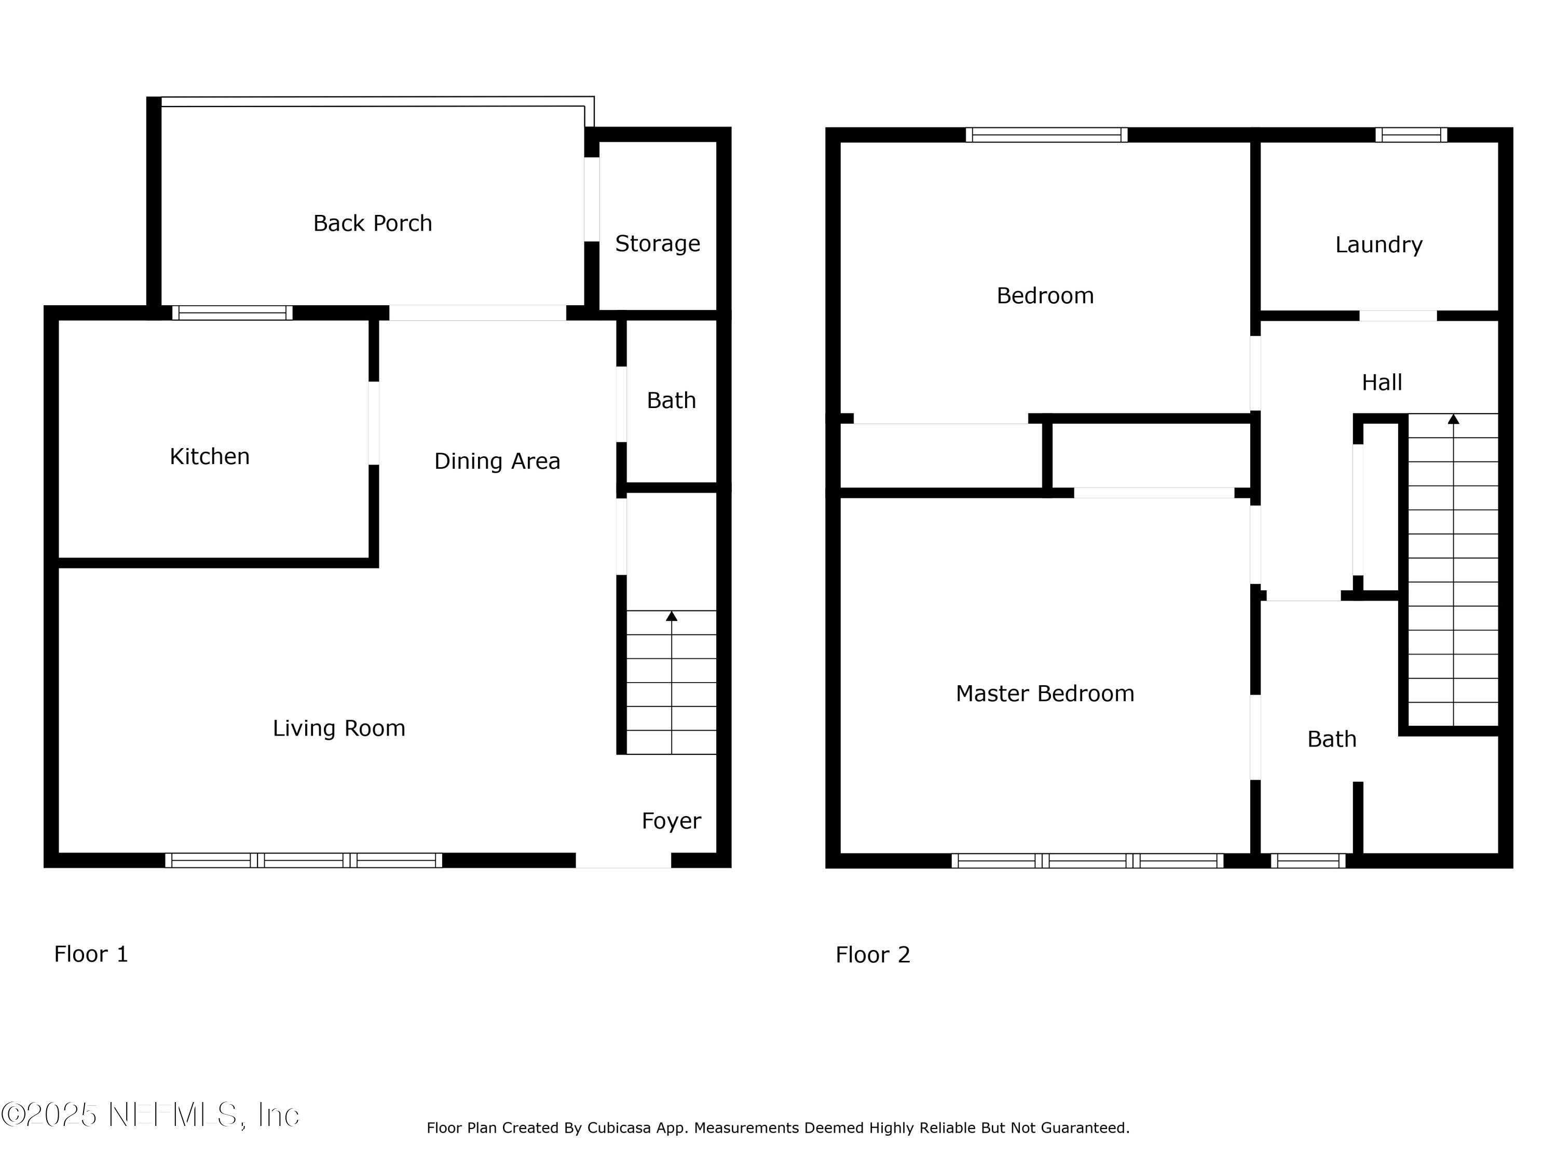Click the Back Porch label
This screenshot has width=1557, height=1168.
click(x=372, y=223)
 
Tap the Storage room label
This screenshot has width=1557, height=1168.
click(x=658, y=243)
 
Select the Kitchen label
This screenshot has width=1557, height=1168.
click(x=210, y=456)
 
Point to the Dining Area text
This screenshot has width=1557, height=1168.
click(x=497, y=461)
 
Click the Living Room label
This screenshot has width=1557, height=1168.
click(x=338, y=728)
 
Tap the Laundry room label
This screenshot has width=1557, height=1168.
click(x=1378, y=245)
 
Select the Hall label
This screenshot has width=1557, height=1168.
click(x=1381, y=382)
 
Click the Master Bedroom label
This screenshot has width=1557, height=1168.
click(x=1045, y=694)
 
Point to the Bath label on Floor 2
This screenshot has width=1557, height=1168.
click(x=1331, y=739)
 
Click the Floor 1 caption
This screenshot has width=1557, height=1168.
click(x=91, y=954)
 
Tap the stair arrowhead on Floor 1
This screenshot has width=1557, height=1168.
click(x=672, y=616)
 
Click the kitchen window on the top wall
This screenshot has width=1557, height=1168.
click(x=233, y=313)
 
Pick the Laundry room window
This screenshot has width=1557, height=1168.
click(x=1411, y=134)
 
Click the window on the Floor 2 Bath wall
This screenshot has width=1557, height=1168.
click(x=1307, y=860)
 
